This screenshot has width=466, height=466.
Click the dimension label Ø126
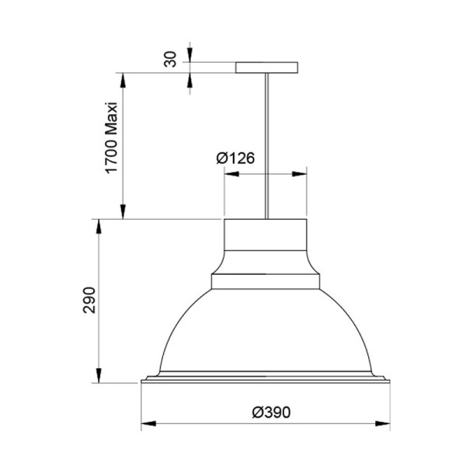(236, 158)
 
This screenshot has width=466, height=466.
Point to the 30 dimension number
(172, 59)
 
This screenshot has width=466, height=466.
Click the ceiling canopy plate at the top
(266, 68)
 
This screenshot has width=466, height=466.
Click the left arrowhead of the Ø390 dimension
(146, 425)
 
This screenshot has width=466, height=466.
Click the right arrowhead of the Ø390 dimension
(385, 425)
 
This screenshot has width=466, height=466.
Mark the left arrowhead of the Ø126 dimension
(229, 174)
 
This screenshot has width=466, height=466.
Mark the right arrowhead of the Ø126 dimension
(301, 174)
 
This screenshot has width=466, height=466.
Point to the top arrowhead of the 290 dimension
(99, 224)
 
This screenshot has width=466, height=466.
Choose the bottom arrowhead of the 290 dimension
(99, 378)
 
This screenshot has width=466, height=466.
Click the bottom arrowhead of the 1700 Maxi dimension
(121, 214)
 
